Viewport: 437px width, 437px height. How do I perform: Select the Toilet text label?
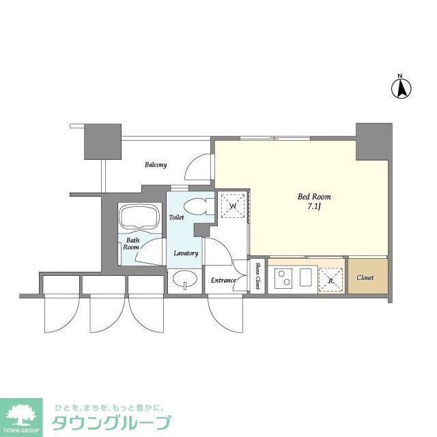[x=177, y=217]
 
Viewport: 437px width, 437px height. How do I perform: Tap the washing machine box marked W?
[x=232, y=205]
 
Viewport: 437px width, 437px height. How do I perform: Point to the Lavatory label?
[x=185, y=253]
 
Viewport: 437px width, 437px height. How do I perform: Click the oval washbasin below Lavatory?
[x=183, y=279]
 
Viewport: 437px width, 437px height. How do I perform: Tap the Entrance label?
[x=223, y=280]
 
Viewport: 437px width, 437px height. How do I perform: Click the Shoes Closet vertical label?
[x=258, y=276]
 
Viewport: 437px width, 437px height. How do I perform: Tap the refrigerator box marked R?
[x=331, y=279]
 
